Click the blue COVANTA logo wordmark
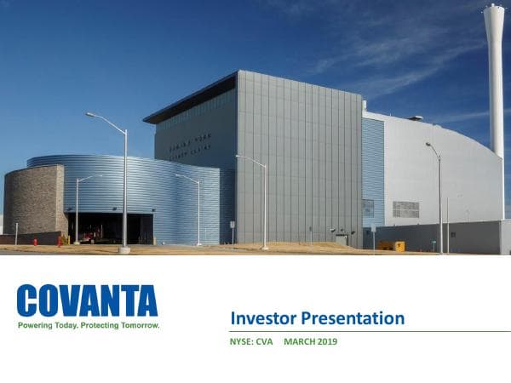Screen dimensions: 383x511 pos(87,301)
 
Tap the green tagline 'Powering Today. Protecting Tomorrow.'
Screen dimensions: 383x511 pos(89,325)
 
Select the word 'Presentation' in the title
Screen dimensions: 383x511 pos(354,319)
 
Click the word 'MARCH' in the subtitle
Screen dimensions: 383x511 pos(300,342)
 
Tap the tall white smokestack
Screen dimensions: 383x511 pos(495,85)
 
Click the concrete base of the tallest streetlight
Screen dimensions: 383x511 pos(124,250)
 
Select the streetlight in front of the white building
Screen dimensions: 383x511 pos(438,196)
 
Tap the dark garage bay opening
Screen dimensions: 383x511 pos(111,227)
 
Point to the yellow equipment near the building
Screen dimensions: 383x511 pos(392,245)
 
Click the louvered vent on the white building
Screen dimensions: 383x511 pos(405,209)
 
